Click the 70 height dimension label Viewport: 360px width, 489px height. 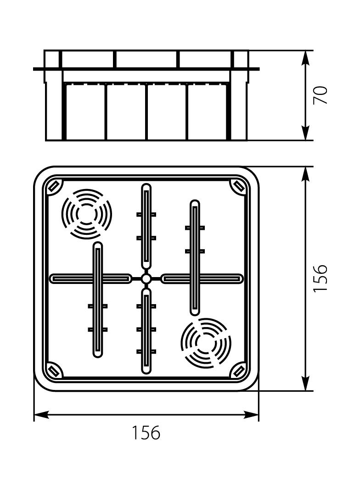[x=321, y=95]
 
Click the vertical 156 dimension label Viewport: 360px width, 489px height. [x=321, y=278]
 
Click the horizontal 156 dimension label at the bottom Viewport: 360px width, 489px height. [x=146, y=433]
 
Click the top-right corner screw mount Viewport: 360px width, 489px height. [x=240, y=187]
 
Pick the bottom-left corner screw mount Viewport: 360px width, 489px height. [x=54, y=371]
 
